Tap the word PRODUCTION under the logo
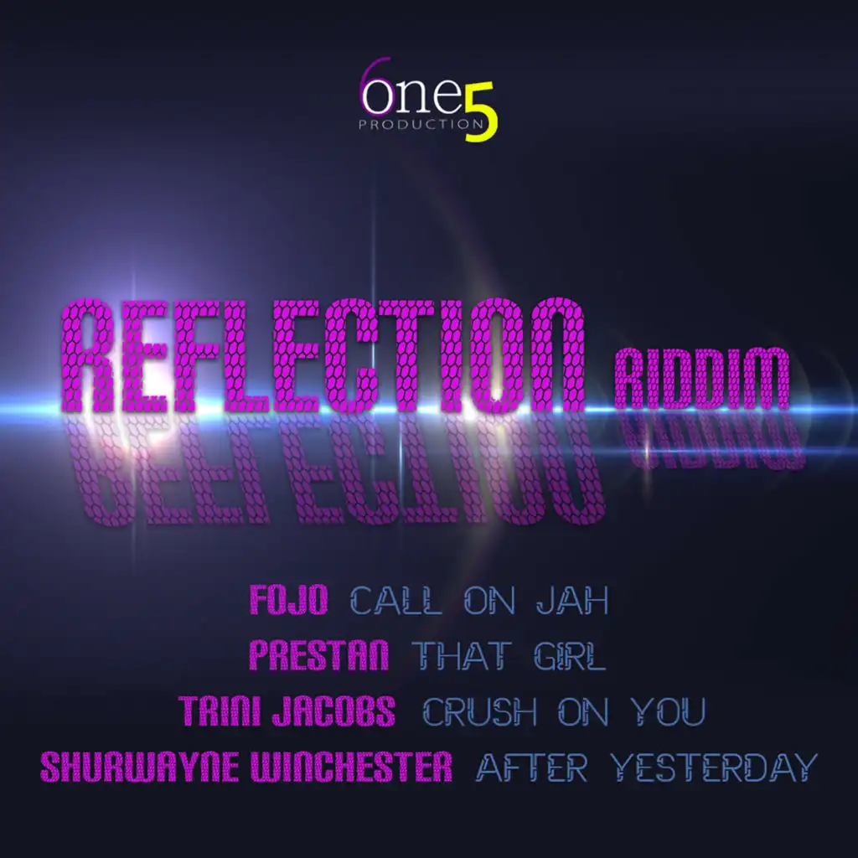421,124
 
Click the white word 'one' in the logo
412,96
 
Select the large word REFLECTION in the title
322,355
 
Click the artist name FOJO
288,600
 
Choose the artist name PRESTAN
318,655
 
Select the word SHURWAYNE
140,767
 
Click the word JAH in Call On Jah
572,600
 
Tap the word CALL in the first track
395,600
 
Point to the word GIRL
570,655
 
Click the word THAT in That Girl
462,655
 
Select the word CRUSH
479,711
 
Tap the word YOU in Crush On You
668,711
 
